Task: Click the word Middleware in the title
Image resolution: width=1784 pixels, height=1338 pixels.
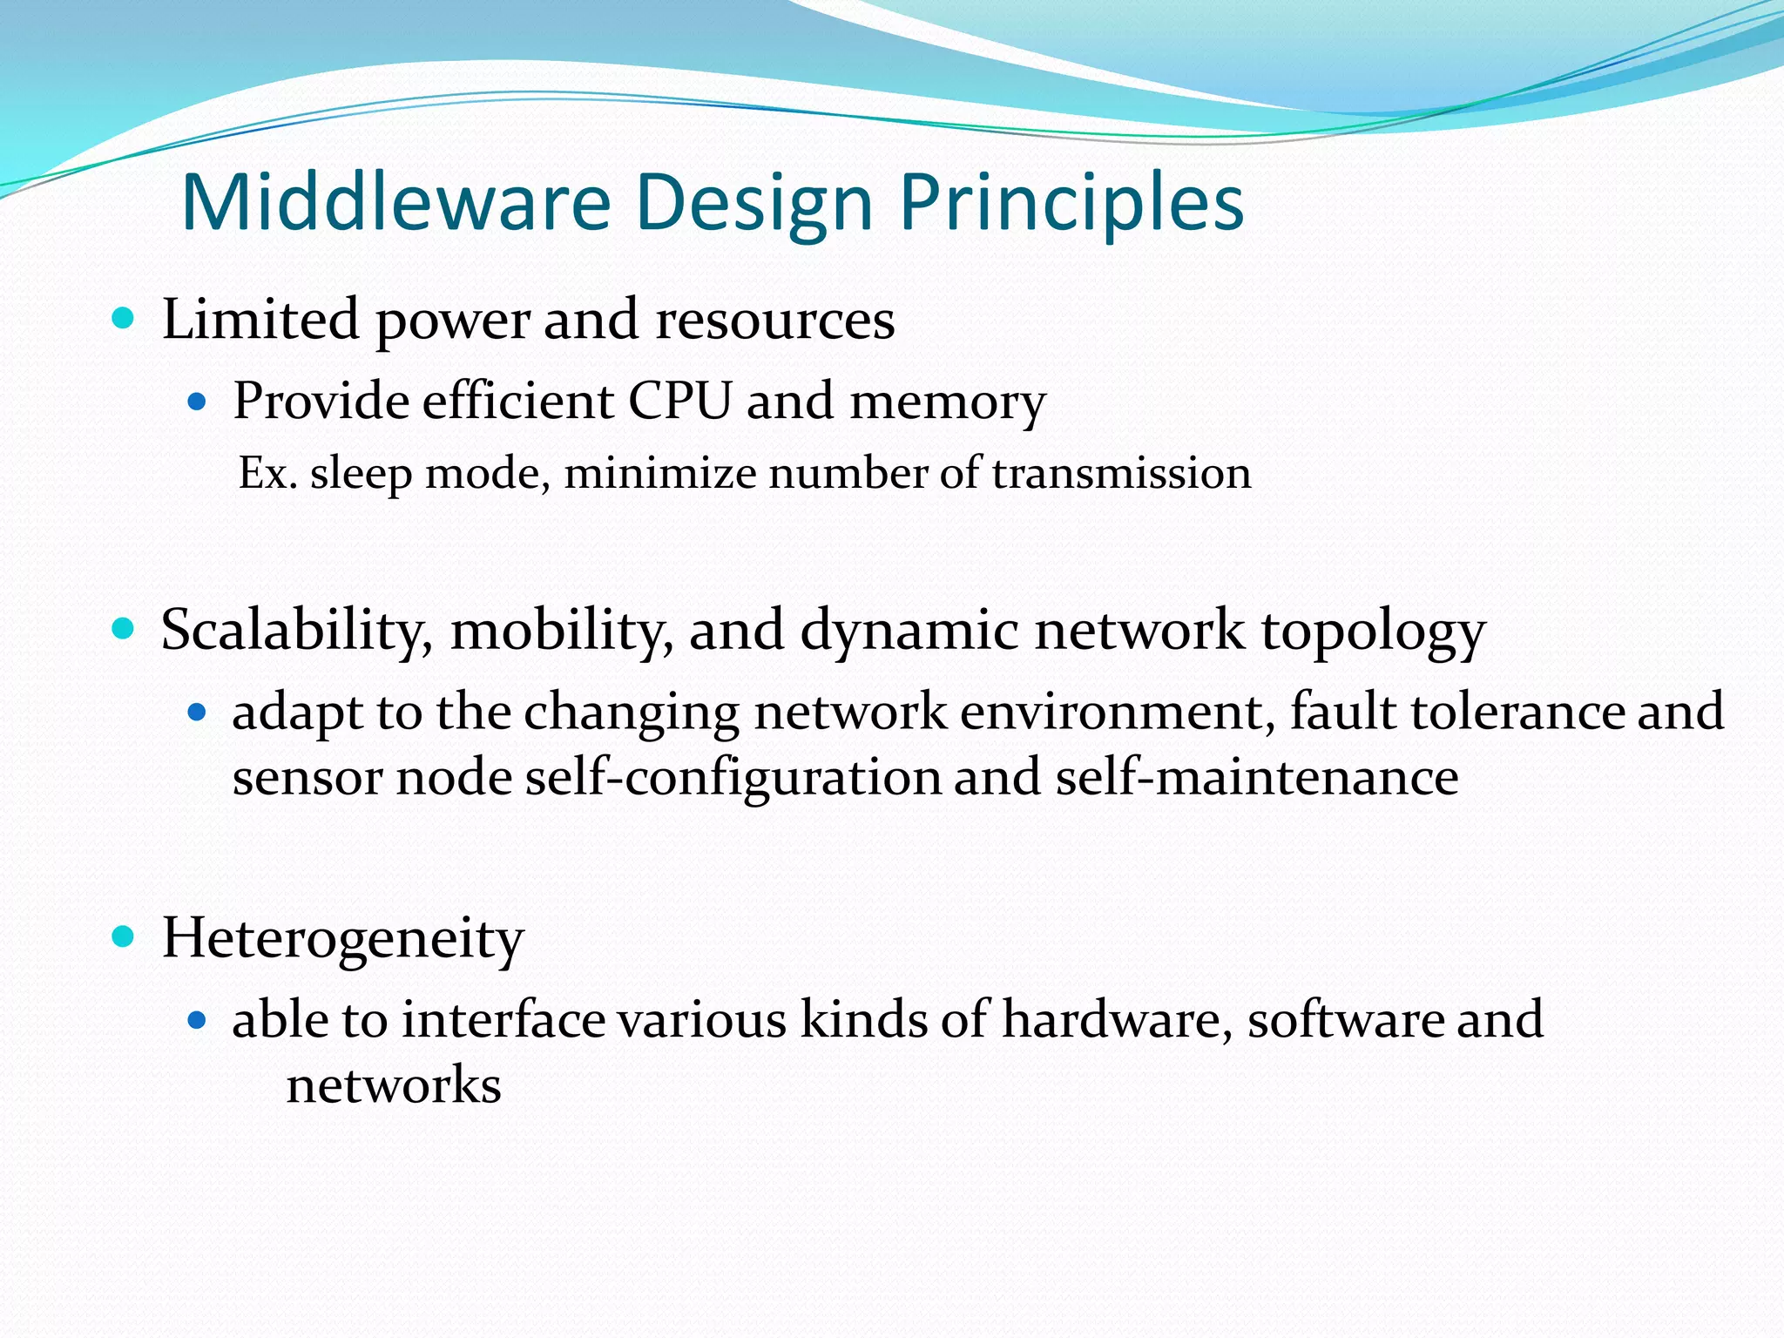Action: coord(396,202)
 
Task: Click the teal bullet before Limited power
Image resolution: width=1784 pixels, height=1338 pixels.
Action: coord(124,318)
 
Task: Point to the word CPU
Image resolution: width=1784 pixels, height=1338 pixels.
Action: coord(680,402)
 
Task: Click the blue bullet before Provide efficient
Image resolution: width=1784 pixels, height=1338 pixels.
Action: coord(197,402)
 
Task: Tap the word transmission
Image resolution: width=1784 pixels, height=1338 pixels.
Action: coord(1121,474)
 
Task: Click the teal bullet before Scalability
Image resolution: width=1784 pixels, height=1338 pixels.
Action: coord(124,628)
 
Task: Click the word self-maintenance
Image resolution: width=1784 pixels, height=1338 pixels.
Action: coord(1256,777)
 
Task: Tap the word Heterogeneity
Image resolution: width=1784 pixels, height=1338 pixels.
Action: coord(342,940)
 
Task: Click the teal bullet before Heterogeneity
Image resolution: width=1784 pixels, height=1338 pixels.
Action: coord(124,937)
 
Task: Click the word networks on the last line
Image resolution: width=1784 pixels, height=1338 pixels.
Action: coord(394,1085)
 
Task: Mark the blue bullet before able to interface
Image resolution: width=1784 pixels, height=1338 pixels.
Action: coord(197,1020)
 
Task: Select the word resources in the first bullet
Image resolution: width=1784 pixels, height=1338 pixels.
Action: coord(774,320)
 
